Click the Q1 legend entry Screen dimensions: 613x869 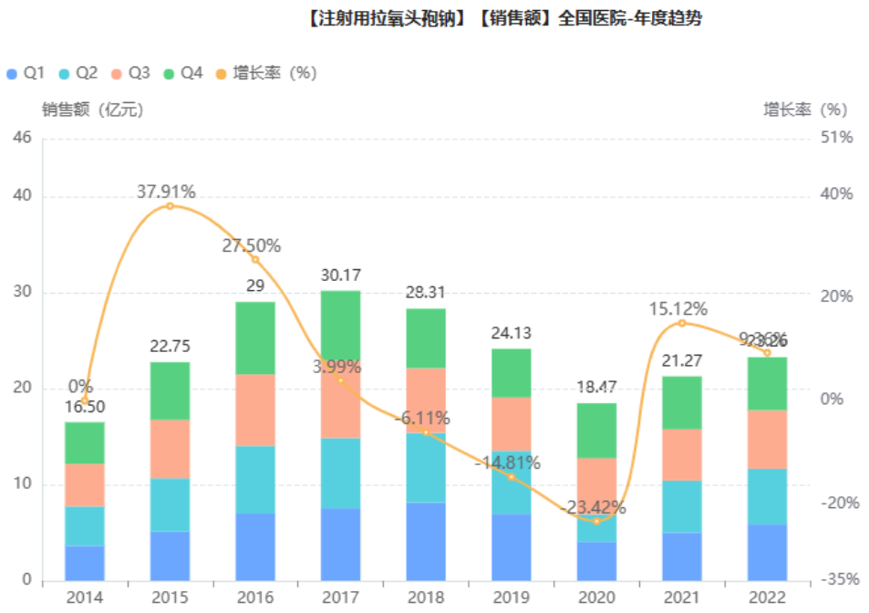(x=26, y=73)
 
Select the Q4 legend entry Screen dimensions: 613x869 (x=182, y=73)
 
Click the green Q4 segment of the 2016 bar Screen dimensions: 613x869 (x=255, y=338)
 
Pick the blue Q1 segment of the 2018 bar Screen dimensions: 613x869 (x=426, y=541)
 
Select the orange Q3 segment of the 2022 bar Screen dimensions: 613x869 (x=767, y=439)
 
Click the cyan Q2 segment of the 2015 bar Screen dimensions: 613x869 (x=170, y=504)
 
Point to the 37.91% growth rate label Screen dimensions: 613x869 (x=166, y=192)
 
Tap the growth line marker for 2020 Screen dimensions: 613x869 (x=597, y=521)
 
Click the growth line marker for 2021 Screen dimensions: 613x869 (x=681, y=323)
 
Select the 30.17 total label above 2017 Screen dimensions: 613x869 (x=340, y=274)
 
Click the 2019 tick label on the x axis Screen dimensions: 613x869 (x=511, y=597)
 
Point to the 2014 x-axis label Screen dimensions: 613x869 (x=85, y=597)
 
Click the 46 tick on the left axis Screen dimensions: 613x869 (x=22, y=138)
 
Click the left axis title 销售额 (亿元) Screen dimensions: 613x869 (x=92, y=109)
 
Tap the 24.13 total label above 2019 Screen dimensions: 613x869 (x=511, y=333)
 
